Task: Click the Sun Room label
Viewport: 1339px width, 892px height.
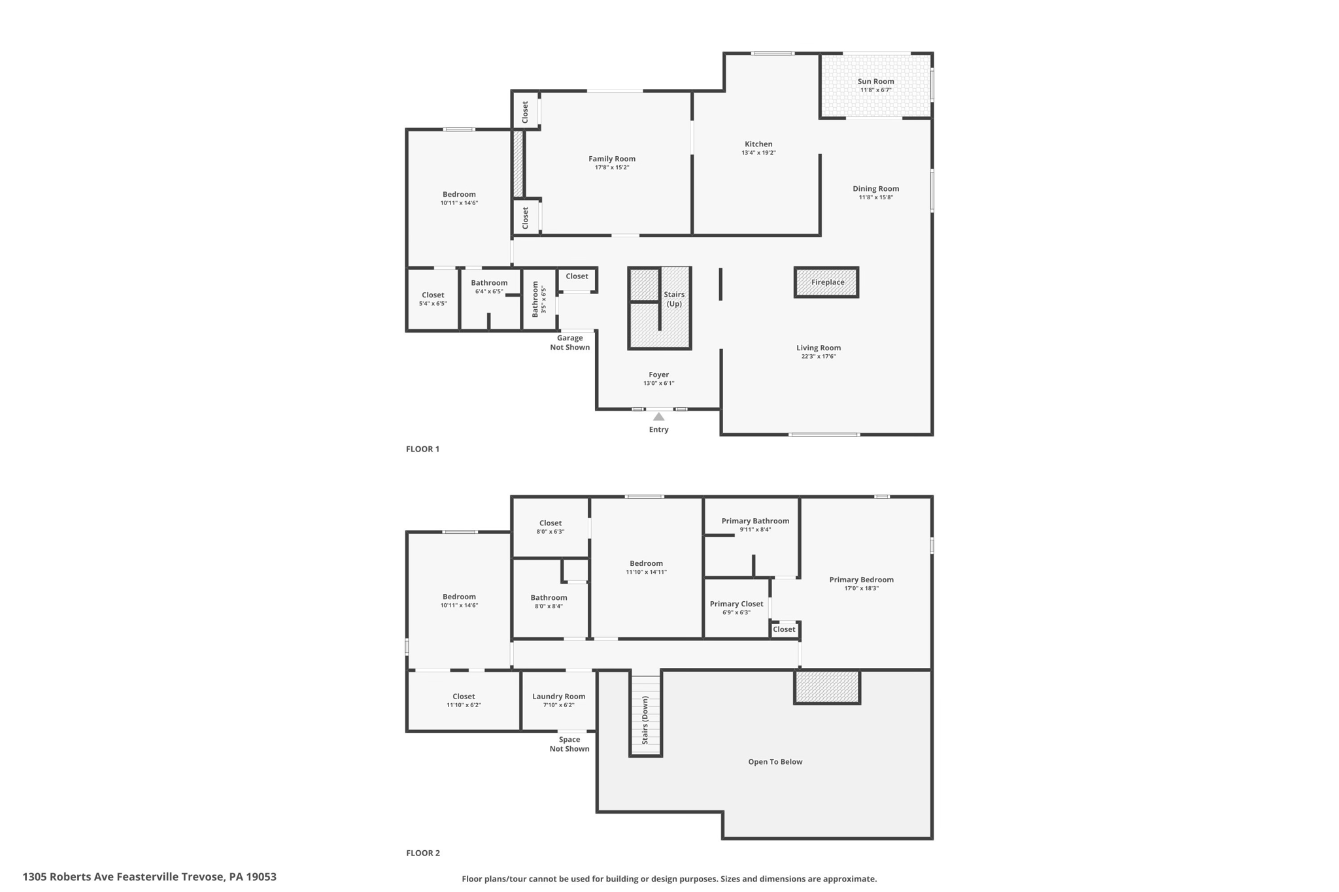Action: coord(875,82)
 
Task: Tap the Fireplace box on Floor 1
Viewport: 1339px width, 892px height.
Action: coord(827,282)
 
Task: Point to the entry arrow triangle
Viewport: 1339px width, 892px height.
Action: coord(658,417)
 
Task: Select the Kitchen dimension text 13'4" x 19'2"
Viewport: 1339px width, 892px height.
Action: coord(758,153)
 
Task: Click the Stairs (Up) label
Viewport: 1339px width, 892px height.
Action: coord(674,299)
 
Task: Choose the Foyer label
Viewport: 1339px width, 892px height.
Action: coord(658,375)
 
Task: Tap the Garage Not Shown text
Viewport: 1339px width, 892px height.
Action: coord(569,342)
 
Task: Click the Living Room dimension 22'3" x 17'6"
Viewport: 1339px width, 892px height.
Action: coord(819,357)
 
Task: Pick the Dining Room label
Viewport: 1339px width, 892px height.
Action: coord(875,189)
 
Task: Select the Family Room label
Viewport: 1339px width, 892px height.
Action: coord(611,159)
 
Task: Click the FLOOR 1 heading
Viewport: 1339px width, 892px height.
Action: coord(422,449)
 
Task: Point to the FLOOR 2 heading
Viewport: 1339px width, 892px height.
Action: coord(422,853)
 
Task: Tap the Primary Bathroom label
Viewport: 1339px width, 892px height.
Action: coord(755,521)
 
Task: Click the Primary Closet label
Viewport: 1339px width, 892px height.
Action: coord(736,604)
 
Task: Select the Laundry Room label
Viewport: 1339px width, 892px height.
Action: coord(558,697)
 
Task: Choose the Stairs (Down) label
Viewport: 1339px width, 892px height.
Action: coord(645,719)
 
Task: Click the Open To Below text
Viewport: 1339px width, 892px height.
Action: coord(775,762)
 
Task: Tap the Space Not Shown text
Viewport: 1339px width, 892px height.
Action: coord(569,744)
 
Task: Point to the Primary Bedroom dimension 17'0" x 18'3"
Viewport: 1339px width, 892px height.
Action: coord(861,588)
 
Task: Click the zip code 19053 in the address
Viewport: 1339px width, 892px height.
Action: coord(261,877)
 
